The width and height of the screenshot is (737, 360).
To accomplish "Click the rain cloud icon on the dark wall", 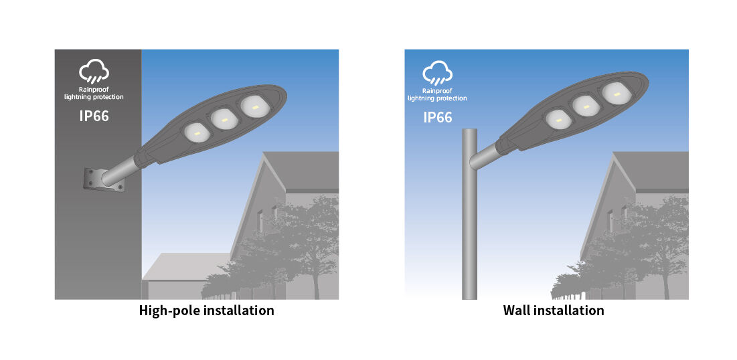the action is point(94,72).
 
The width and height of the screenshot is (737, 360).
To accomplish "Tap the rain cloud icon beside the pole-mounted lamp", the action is point(438,72).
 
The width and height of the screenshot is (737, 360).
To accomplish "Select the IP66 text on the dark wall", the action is point(94,116).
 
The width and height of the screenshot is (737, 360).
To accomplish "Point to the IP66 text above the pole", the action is point(438,117).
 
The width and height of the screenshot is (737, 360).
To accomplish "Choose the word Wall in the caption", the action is point(516,310).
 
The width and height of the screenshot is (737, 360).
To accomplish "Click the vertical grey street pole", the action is point(469,214).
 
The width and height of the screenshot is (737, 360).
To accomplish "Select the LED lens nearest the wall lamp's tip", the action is point(255,106).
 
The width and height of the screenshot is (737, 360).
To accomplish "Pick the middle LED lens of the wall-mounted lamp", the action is point(225,120).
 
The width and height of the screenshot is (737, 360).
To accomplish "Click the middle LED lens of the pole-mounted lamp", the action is point(586,106).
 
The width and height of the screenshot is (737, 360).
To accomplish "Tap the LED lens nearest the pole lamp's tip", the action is point(617,92).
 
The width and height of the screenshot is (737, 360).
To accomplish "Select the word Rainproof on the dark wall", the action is point(94,89).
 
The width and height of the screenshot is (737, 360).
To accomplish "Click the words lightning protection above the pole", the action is point(438,98).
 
